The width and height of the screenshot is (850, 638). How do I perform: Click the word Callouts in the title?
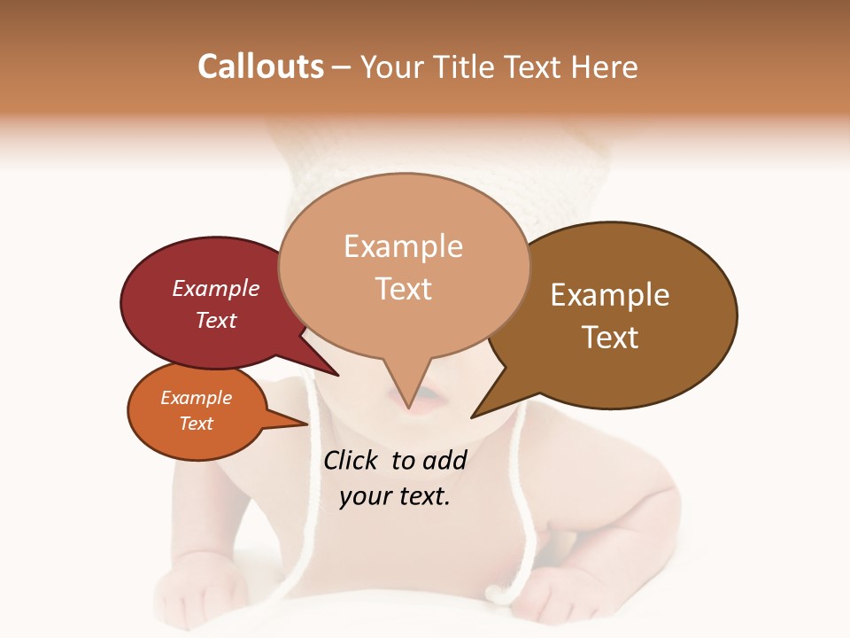pyautogui.click(x=260, y=66)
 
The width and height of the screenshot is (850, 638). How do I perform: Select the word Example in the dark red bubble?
pyautogui.click(x=216, y=288)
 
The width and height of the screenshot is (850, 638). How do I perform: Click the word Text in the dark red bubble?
pyautogui.click(x=216, y=320)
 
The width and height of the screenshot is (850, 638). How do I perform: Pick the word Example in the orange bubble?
pyautogui.click(x=197, y=398)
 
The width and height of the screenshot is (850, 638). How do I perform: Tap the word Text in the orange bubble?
pyautogui.click(x=197, y=424)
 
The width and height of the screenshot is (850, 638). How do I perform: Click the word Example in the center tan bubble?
pyautogui.click(x=404, y=246)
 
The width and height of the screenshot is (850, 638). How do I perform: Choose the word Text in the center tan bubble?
pyautogui.click(x=404, y=289)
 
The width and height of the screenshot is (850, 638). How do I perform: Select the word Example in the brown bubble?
pyautogui.click(x=610, y=295)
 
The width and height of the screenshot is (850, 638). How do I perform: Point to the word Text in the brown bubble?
pyautogui.click(x=610, y=338)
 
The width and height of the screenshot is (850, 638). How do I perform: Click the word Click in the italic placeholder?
pyautogui.click(x=352, y=460)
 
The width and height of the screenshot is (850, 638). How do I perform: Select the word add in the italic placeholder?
pyautogui.click(x=444, y=460)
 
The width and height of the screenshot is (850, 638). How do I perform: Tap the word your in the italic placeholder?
pyautogui.click(x=364, y=496)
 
